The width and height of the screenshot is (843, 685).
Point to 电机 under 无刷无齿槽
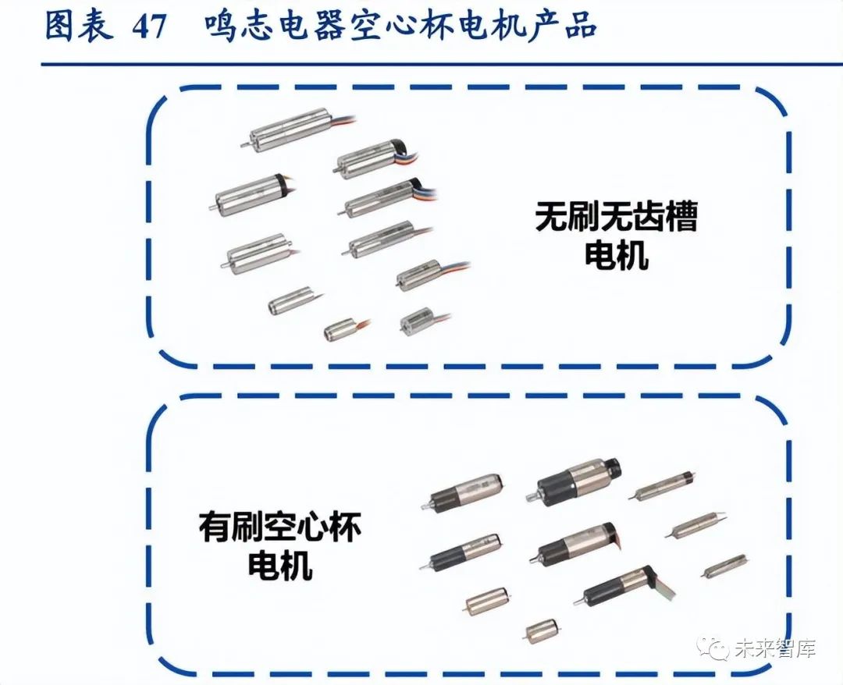coord(616,255)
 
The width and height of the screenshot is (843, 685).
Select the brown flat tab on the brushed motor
coord(616,538)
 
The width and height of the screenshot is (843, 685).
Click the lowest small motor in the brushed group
coord(541,630)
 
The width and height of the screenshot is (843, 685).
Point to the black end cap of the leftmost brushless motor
coord(279,184)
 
